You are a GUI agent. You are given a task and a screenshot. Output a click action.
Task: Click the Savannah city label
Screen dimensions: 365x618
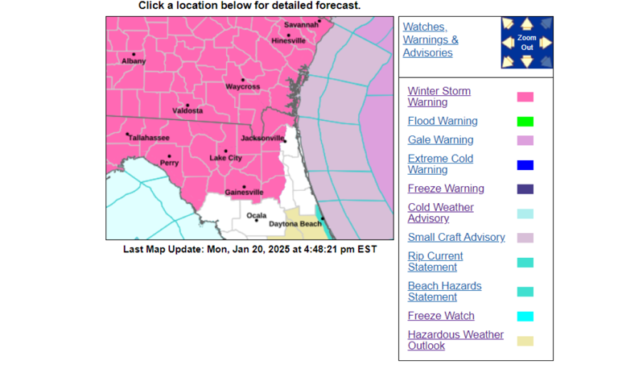coord(302,25)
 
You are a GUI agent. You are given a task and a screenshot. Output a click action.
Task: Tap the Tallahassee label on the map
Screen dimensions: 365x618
coord(149,138)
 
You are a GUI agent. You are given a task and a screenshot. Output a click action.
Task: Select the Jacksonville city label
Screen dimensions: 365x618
coord(263,139)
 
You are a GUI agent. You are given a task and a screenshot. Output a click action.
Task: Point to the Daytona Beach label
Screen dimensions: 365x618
coord(295,223)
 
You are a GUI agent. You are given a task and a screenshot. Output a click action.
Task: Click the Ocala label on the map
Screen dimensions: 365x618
coord(256,216)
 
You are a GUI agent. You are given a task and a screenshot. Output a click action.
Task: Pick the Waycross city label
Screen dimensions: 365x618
coord(242,86)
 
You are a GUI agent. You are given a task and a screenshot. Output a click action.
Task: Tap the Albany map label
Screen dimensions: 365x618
coord(134,61)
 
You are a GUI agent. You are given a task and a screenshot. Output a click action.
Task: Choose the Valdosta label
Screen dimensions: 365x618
coord(187,111)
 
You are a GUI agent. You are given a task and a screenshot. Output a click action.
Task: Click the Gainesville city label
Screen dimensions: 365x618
coord(244,193)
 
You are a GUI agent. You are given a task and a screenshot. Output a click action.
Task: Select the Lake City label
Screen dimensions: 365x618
coord(225,158)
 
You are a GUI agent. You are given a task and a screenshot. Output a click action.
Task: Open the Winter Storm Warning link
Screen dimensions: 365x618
coord(439,97)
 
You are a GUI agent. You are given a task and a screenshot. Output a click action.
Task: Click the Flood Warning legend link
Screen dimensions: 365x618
coord(443,121)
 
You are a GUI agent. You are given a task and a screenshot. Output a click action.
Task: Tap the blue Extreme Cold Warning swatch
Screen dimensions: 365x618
coord(525,165)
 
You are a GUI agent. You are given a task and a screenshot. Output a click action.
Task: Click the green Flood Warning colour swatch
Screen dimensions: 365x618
coord(525,122)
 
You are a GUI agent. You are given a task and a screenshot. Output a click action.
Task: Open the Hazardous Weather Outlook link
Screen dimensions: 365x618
coord(455,340)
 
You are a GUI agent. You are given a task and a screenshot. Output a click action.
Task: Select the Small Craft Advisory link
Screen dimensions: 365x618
coord(456,237)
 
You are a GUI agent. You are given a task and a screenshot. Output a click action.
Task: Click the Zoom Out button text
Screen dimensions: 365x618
coord(526,43)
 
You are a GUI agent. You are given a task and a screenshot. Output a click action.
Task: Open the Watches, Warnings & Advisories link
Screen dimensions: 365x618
coord(431,39)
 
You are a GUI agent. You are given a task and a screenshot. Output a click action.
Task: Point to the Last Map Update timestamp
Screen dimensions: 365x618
coord(249,250)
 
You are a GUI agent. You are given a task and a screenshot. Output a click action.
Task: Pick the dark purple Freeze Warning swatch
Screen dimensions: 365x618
coord(525,189)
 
